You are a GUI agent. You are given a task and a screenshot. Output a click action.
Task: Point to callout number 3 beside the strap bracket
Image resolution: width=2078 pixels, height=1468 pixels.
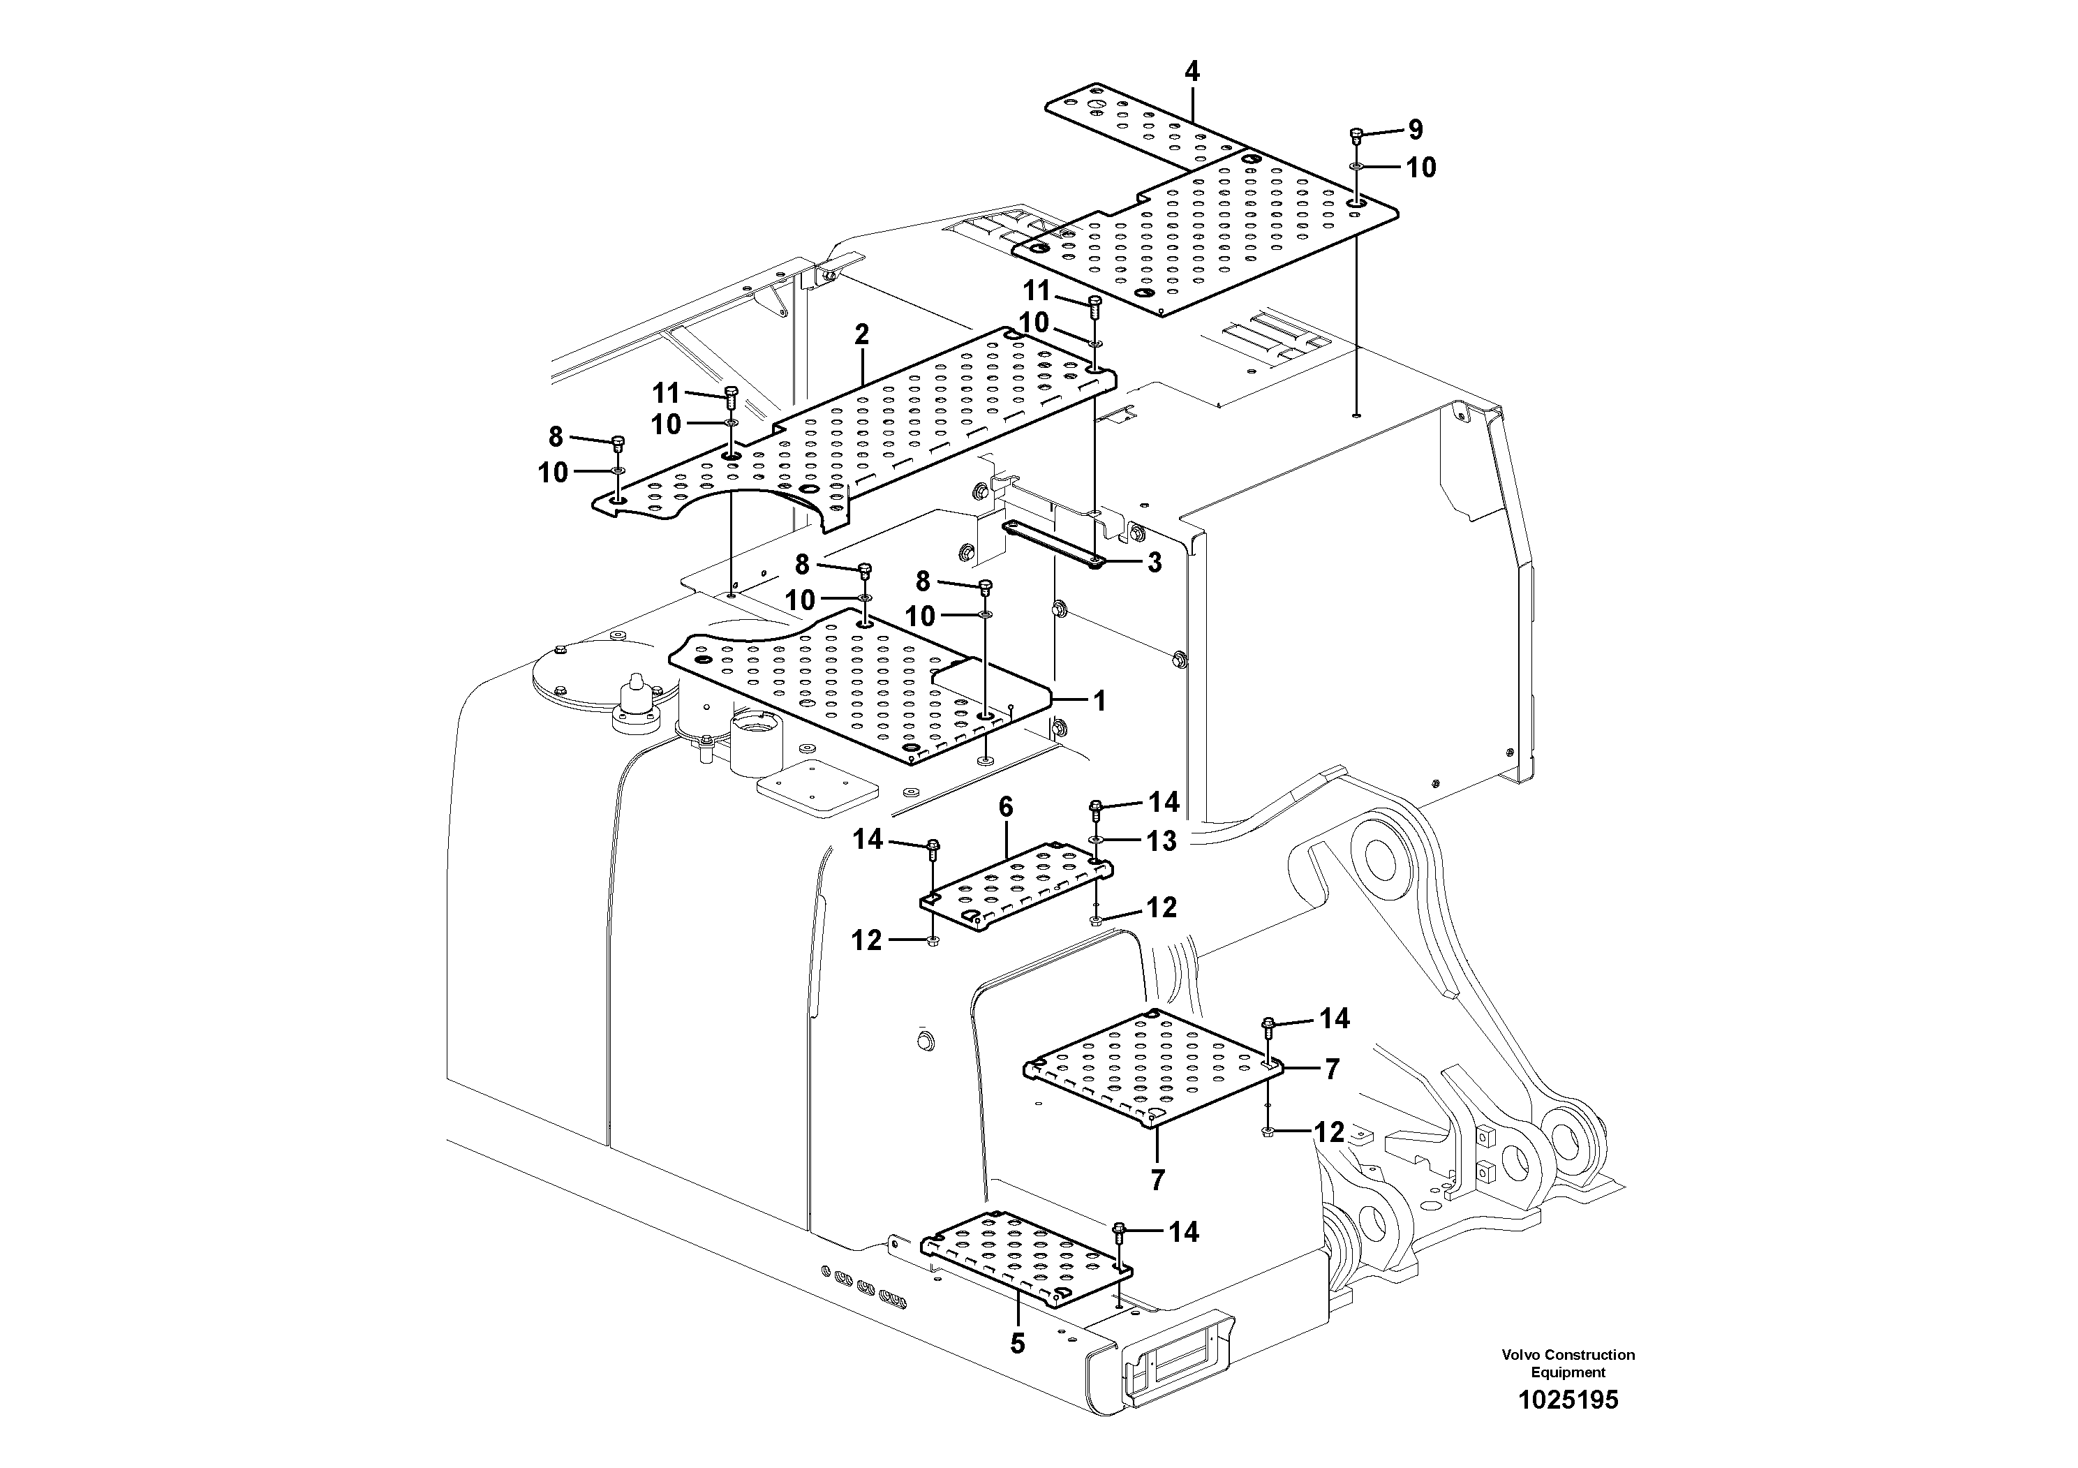coord(1154,563)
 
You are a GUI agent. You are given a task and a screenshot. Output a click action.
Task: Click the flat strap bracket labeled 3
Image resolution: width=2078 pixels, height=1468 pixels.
coord(1050,543)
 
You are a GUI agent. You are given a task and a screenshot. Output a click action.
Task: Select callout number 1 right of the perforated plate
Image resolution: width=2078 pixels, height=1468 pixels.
coord(1099,701)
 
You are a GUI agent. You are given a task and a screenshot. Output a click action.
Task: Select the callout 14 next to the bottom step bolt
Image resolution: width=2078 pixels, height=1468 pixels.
coord(1183,1232)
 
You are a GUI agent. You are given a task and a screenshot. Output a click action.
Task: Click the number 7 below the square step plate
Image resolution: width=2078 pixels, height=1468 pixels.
coord(1157,1180)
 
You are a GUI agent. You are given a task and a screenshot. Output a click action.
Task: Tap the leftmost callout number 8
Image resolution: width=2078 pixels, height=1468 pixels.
coord(556,437)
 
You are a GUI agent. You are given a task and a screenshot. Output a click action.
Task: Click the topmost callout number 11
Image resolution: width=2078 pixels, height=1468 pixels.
coord(1037,290)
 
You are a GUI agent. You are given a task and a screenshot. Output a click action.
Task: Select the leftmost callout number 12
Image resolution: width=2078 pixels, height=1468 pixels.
coord(866,940)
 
